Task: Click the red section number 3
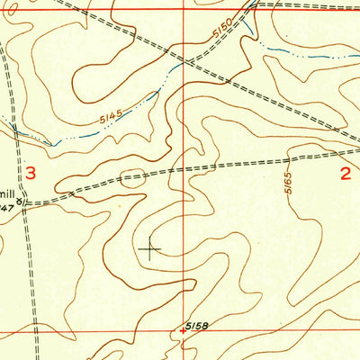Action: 31,174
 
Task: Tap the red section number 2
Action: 346,174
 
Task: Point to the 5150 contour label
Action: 223,39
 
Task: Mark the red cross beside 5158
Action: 184,330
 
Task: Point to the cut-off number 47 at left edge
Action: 5,208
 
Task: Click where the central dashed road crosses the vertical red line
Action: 187,168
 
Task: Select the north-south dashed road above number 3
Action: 11,90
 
